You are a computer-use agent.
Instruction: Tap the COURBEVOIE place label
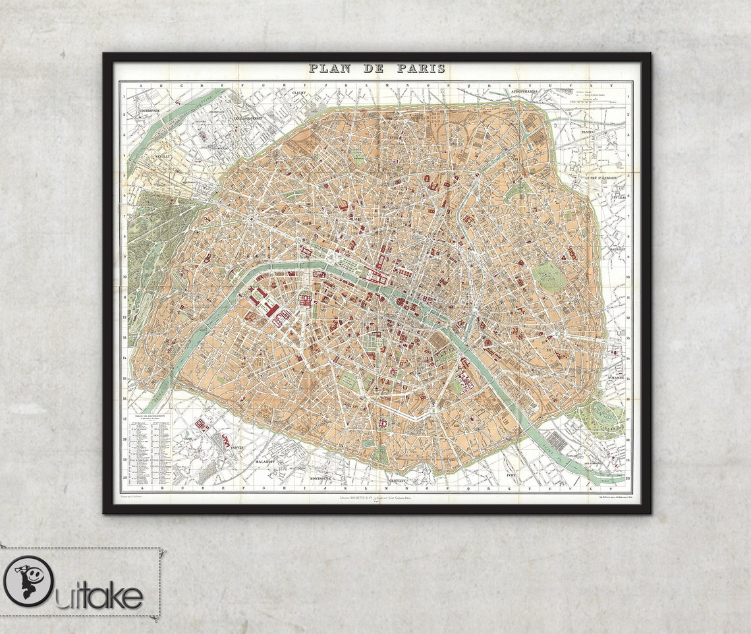[146, 111]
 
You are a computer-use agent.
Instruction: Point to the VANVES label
[236, 447]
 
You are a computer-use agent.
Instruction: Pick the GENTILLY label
[399, 481]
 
